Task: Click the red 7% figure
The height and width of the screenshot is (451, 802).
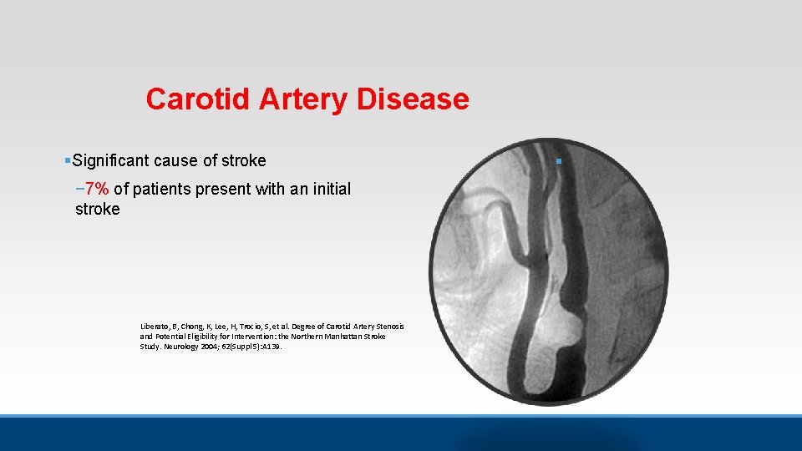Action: (x=97, y=189)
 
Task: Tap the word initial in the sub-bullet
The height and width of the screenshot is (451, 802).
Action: (x=328, y=189)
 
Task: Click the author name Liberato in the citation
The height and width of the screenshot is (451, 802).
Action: (x=155, y=326)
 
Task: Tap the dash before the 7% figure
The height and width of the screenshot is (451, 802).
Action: (x=79, y=189)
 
